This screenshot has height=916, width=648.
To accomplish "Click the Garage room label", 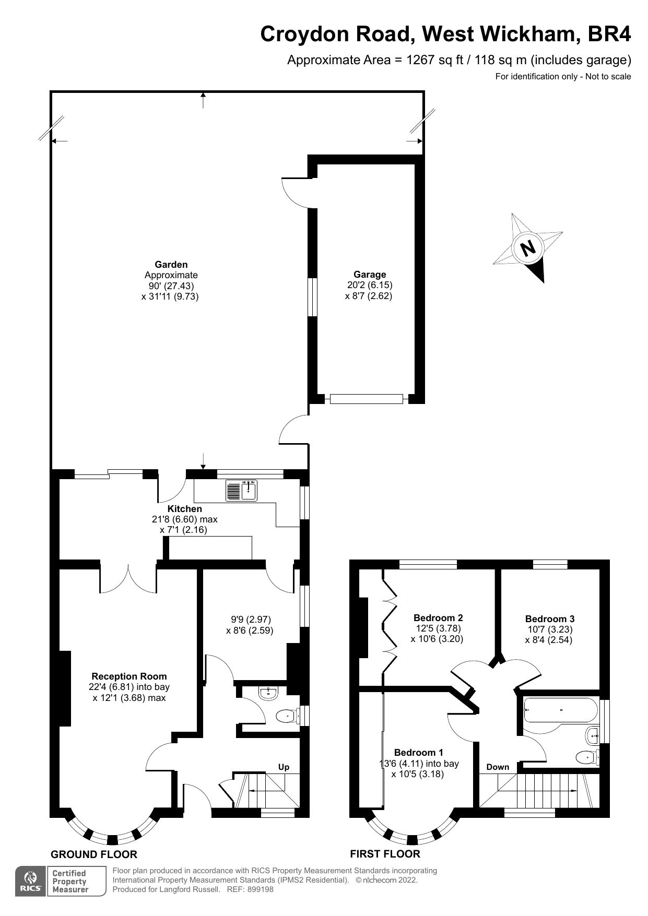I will (370, 275).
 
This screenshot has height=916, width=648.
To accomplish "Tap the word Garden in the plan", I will (171, 265).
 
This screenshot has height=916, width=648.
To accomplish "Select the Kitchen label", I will (184, 509).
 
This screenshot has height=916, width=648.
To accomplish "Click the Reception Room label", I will (129, 676).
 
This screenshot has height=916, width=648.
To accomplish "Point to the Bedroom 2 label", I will (438, 618).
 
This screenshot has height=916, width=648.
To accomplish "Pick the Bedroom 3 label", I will (550, 619).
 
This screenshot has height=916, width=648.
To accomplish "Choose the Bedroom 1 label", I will (418, 753).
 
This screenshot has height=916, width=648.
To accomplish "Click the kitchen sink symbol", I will (242, 491).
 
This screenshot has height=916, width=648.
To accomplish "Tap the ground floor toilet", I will (285, 716).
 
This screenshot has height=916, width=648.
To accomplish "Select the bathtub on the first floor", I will (559, 710).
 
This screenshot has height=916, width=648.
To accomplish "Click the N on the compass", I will (528, 247).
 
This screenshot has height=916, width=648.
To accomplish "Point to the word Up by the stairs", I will (284, 767).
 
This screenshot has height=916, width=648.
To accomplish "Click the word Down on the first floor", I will (498, 767).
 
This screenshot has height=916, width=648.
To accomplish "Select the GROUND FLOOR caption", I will (94, 854).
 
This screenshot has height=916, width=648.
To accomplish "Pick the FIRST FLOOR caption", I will (385, 854).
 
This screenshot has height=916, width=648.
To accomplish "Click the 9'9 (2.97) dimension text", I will (251, 620).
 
